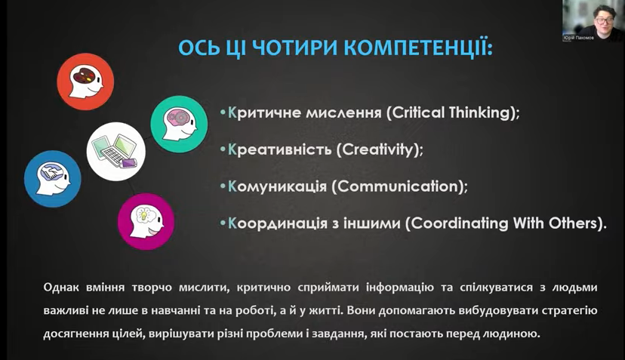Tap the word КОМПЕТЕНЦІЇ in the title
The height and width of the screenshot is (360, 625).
(x=418, y=48)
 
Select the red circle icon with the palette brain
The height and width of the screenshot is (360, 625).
(x=85, y=82)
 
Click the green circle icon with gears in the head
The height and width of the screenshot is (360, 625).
(x=179, y=124)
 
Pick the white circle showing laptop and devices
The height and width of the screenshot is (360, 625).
(x=116, y=152)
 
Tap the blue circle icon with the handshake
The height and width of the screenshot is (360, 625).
(x=53, y=179)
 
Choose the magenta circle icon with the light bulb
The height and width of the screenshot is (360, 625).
(x=146, y=222)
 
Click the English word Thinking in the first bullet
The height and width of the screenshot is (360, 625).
(x=479, y=112)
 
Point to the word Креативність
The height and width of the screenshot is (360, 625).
(x=279, y=149)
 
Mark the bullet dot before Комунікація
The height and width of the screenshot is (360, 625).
(x=223, y=186)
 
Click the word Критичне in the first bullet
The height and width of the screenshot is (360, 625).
(x=264, y=112)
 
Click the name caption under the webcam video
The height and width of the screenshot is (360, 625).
(x=578, y=38)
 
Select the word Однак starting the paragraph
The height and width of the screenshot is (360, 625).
(x=61, y=288)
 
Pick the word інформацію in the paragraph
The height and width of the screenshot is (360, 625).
(x=400, y=288)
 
